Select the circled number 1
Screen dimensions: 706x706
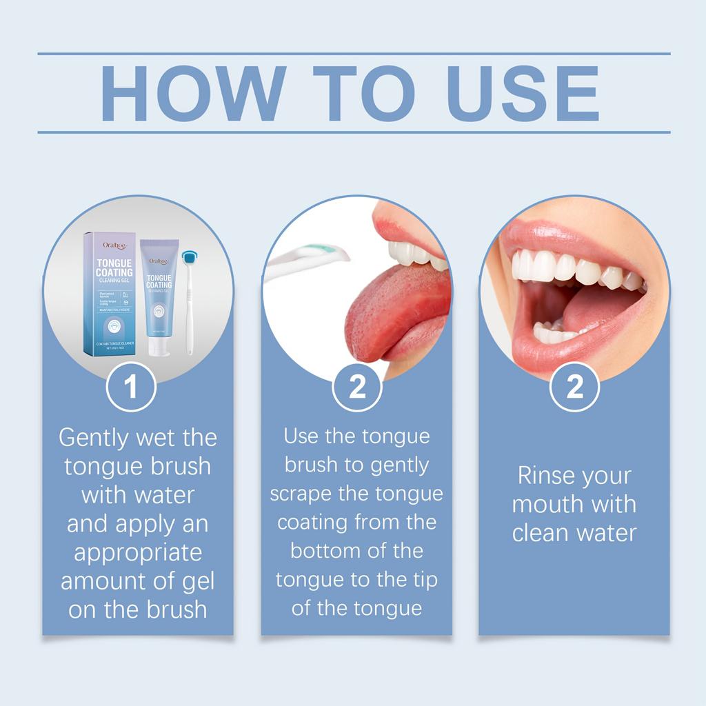[x=131, y=387]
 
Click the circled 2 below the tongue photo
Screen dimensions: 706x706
[x=357, y=387]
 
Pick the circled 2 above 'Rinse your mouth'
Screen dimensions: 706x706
[x=574, y=387]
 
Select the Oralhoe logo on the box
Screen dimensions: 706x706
[x=112, y=245]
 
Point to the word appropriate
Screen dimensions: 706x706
[x=138, y=552]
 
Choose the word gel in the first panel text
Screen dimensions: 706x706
[x=198, y=581]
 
